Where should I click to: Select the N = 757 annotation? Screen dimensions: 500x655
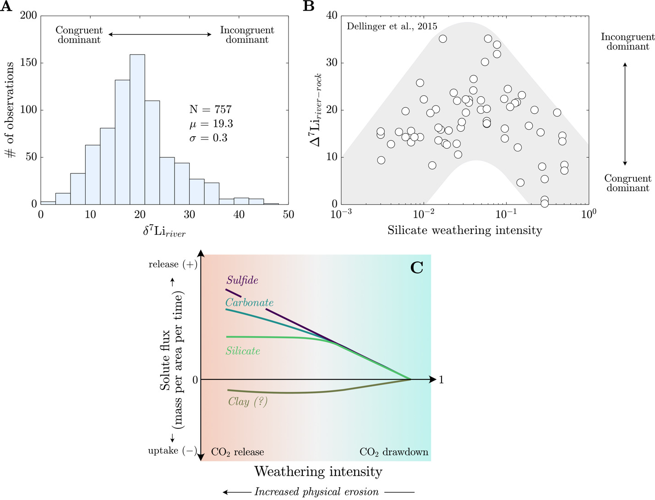pos(211,110)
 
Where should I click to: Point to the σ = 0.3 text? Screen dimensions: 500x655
pos(208,138)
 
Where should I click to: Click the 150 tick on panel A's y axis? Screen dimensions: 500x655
pos(28,63)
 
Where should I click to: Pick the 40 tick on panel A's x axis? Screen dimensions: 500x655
pos(239,215)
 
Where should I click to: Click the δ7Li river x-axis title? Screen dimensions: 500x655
pos(164,231)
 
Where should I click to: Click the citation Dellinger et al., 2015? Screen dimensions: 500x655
pos(392,26)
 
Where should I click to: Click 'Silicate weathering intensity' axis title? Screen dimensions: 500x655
pos(464,230)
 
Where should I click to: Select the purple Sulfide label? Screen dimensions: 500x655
pos(242,280)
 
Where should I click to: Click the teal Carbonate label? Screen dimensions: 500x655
pos(249,303)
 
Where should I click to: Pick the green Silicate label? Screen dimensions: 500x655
pos(243,351)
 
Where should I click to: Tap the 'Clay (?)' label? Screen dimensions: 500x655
pos(247,402)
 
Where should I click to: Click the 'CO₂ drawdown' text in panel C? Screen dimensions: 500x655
pos(393,452)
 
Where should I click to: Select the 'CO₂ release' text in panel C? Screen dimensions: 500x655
pos(237,452)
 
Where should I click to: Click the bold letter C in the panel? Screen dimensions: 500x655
pos(416,267)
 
